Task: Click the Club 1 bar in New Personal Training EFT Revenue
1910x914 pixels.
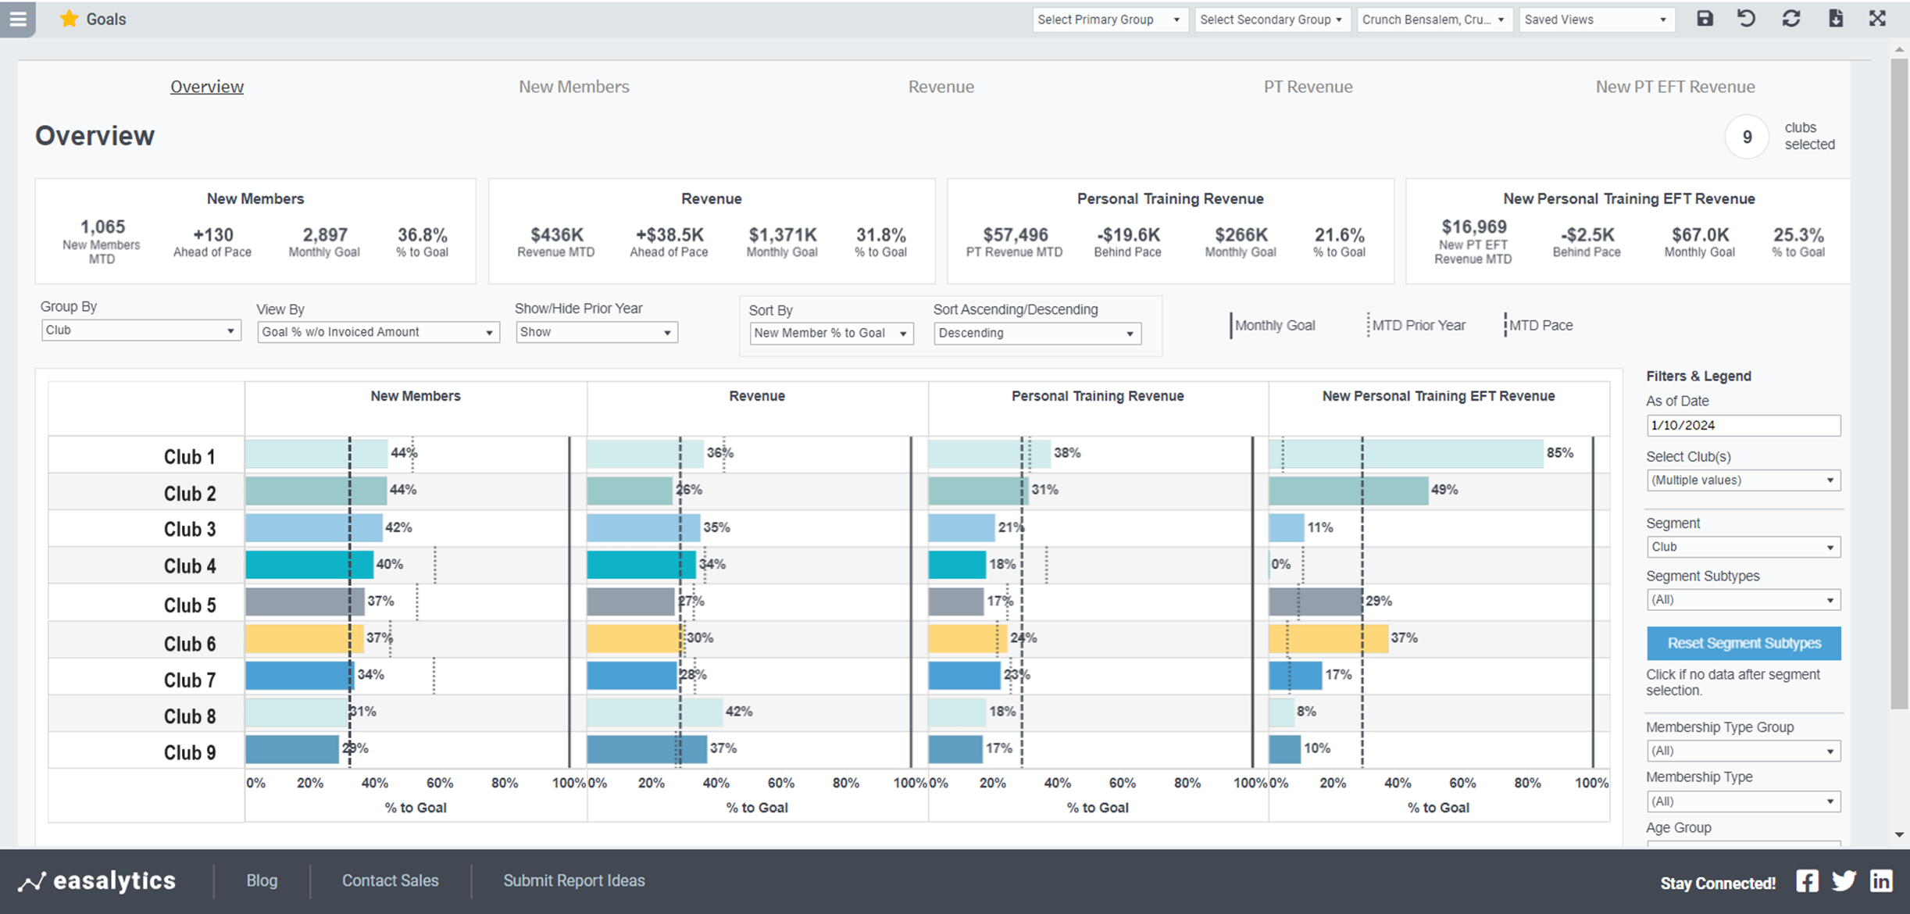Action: coord(1406,454)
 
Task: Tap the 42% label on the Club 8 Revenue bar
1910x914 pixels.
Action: coord(739,712)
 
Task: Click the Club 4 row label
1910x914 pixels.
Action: coord(189,566)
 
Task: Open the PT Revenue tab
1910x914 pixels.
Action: coord(1308,87)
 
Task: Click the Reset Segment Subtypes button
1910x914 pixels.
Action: coord(1743,644)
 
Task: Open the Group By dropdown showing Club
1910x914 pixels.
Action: coord(141,330)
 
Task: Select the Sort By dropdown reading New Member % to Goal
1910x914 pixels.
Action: coord(830,334)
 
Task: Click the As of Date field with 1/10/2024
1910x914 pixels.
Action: coord(1742,426)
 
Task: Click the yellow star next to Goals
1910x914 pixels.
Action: coord(69,19)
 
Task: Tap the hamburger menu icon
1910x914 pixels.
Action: coord(17,19)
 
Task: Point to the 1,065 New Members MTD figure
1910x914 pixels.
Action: coord(102,227)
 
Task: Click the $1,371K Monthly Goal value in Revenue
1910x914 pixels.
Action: coord(782,235)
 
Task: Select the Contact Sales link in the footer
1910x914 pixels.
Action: coord(390,881)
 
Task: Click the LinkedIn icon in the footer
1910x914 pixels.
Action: coord(1881,881)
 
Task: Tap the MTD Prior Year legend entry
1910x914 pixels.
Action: coord(1417,326)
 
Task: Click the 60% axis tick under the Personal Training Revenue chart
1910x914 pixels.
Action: coord(1122,784)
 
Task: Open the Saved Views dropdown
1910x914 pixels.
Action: coord(1595,20)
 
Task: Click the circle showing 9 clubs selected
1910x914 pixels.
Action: coord(1747,137)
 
